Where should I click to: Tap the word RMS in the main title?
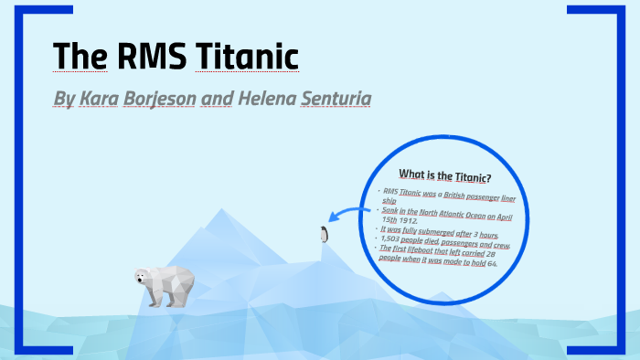tap(152, 57)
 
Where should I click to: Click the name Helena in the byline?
tap(263, 98)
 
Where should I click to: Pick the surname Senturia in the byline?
tap(335, 98)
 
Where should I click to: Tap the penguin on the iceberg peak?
tap(323, 234)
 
